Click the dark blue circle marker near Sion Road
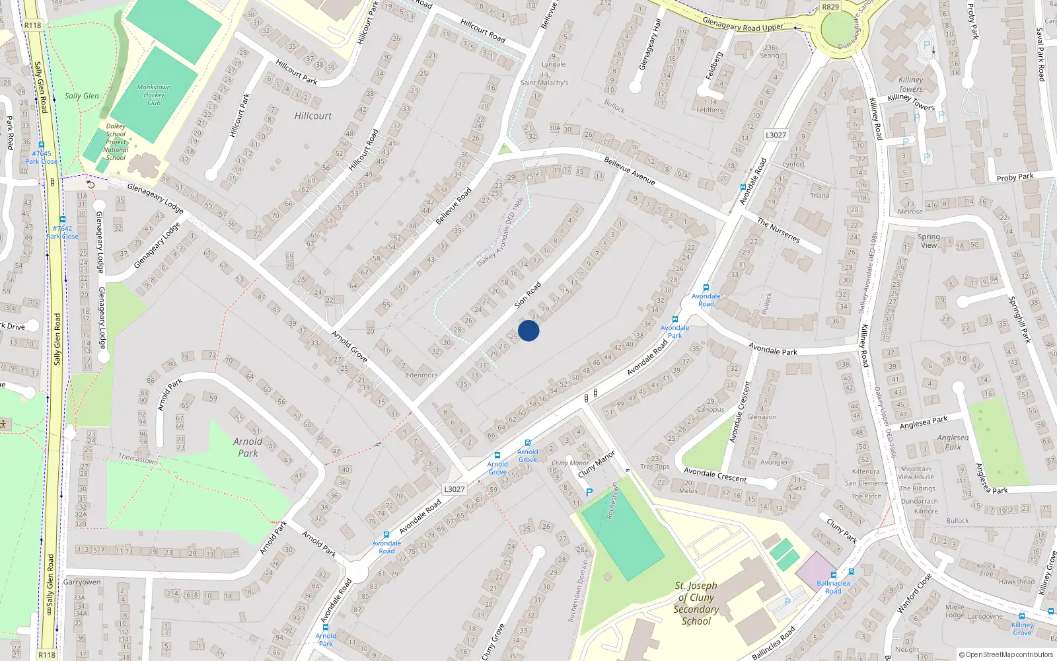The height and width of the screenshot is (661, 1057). click(x=528, y=330)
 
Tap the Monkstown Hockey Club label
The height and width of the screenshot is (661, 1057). click(x=154, y=95)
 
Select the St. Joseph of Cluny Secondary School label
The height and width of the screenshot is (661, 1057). click(x=696, y=603)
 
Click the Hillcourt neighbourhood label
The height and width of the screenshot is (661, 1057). click(x=313, y=116)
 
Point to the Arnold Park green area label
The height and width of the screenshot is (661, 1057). click(x=248, y=447)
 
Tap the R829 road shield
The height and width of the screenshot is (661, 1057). click(x=830, y=7)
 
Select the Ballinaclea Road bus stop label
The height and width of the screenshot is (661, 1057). click(x=833, y=587)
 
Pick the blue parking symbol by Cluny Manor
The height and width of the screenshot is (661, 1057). click(x=589, y=492)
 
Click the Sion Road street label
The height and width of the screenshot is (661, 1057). click(x=528, y=295)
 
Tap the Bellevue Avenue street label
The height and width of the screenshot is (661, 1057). click(x=630, y=171)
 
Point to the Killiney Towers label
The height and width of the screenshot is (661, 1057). click(x=910, y=85)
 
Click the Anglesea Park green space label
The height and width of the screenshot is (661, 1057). click(x=953, y=442)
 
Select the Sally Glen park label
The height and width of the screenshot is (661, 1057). click(x=82, y=96)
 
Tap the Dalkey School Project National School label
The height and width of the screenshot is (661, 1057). click(x=116, y=141)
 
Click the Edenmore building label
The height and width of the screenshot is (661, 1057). click(x=421, y=375)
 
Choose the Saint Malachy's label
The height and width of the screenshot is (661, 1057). click(x=544, y=83)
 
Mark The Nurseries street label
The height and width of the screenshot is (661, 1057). click(x=778, y=231)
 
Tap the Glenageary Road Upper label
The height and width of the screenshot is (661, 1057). click(x=743, y=24)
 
